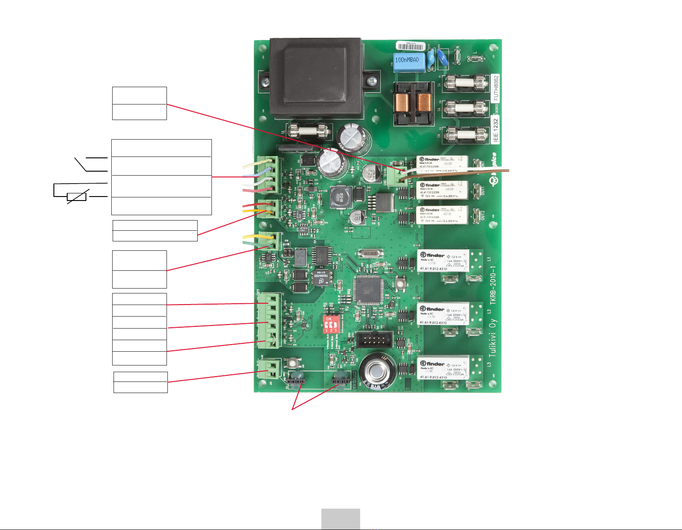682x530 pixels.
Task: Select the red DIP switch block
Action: pyautogui.click(x=330, y=325)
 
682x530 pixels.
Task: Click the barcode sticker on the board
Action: pyautogui.click(x=411, y=46)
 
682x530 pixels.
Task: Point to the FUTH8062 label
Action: pyautogui.click(x=496, y=88)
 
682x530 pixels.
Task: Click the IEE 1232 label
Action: pyautogui.click(x=495, y=130)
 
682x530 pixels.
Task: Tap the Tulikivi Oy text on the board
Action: pyautogui.click(x=492, y=337)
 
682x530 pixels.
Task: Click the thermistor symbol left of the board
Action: pyautogui.click(x=77, y=196)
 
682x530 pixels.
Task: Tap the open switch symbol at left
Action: pyautogui.click(x=82, y=164)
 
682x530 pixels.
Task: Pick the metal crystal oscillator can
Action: pyautogui.click(x=370, y=253)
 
